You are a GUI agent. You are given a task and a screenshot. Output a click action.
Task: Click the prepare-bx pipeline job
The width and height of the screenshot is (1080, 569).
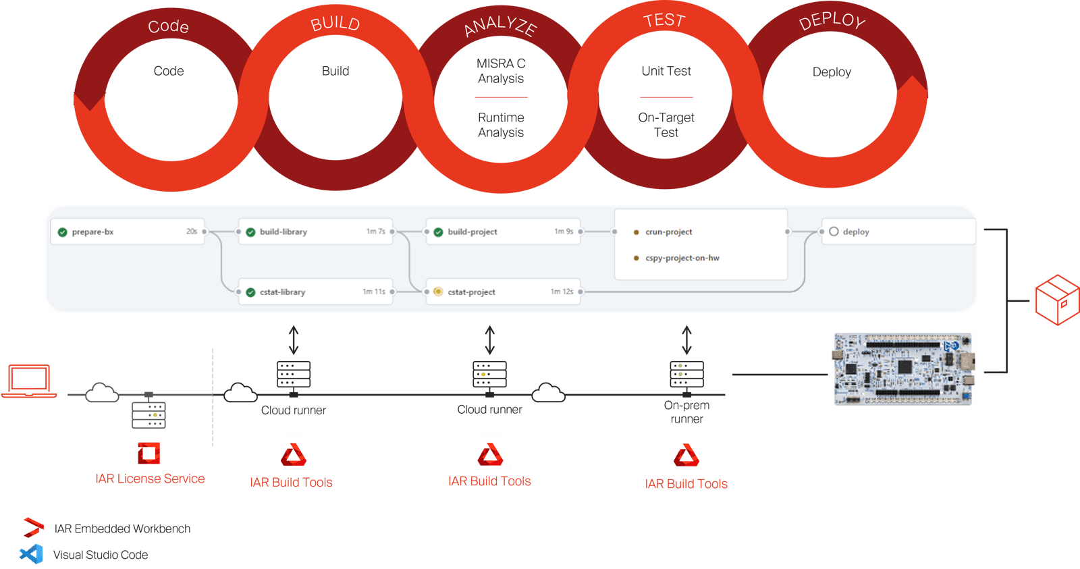[127, 232]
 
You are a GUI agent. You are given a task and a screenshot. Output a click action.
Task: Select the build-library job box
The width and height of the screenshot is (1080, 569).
[315, 232]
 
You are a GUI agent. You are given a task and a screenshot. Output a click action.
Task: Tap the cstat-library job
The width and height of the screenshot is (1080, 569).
[315, 292]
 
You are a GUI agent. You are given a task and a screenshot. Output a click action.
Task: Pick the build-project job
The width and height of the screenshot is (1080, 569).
[503, 232]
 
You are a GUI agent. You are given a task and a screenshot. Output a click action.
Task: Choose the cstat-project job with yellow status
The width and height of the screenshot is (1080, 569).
[503, 292]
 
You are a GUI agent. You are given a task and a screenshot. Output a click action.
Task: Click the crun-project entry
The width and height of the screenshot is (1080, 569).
[668, 232]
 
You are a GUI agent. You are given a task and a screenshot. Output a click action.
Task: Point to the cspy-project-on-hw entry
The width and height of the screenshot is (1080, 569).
[682, 258]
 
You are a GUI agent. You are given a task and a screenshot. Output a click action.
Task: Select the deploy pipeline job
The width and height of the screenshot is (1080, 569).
[898, 232]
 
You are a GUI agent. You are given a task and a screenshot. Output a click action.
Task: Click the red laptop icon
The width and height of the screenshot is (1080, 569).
[29, 381]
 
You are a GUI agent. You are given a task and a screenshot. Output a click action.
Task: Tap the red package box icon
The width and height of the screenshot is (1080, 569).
[1057, 299]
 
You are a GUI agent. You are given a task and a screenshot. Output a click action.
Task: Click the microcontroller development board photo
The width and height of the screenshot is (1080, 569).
[903, 369]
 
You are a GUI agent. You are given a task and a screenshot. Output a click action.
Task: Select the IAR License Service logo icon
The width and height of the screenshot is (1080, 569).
[148, 453]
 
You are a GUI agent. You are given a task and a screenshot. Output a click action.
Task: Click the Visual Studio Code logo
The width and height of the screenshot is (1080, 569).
[31, 554]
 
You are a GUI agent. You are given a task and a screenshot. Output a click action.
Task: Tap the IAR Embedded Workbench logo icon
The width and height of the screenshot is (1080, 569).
[33, 528]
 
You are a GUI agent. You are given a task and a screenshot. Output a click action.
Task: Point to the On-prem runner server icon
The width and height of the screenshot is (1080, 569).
[686, 375]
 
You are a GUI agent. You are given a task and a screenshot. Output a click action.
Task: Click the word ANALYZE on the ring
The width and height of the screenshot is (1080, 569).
[501, 26]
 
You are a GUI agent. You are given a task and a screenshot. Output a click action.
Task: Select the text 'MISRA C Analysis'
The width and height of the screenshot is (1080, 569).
[501, 71]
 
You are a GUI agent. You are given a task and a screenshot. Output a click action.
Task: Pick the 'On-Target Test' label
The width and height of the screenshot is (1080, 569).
[666, 125]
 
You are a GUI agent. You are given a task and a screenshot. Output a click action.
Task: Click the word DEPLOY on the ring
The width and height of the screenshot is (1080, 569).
[832, 21]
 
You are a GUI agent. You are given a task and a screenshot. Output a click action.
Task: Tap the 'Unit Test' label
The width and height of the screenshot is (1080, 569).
[666, 71]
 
